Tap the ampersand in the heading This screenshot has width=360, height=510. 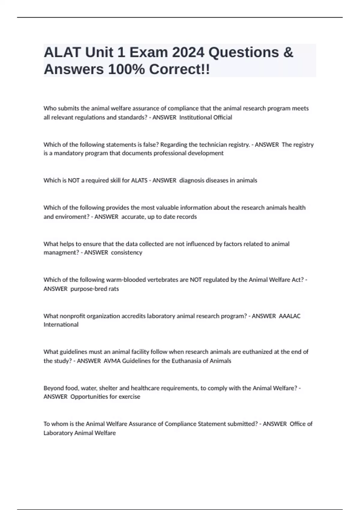point(288,52)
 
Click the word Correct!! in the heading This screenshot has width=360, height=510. point(179,70)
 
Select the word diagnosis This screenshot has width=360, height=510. point(191,180)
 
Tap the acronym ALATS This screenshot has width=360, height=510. point(139,180)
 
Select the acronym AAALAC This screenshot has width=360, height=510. point(289,316)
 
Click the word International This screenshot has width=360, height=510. point(61,325)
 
